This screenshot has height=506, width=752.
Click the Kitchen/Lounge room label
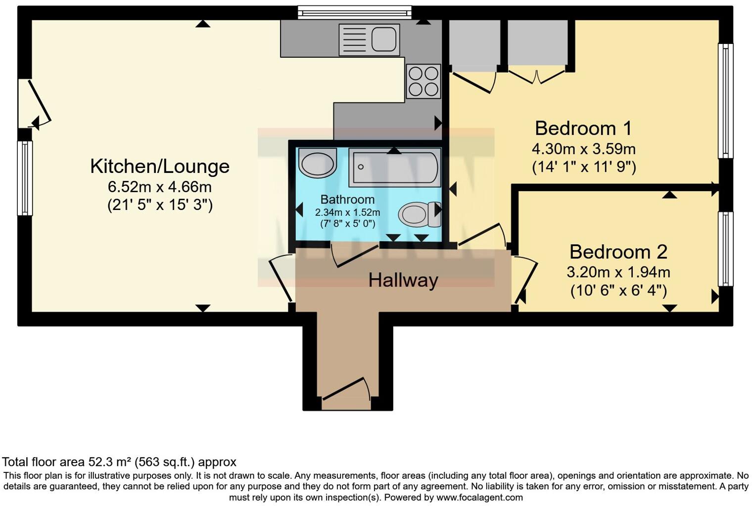click(160, 167)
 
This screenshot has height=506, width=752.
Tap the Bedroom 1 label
click(583, 128)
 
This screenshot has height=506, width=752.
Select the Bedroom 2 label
click(618, 252)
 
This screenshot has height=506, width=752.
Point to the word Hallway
click(403, 281)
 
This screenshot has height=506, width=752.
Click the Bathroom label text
click(347, 200)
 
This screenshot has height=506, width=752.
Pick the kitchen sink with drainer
click(369, 40)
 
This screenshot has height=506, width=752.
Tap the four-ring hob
click(423, 81)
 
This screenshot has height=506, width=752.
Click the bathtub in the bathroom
click(394, 168)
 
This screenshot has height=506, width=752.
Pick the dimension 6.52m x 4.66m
click(160, 187)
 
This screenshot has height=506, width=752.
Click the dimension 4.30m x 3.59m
click(583, 149)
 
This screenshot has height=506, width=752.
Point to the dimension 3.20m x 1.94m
click(618, 272)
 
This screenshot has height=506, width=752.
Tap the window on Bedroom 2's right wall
click(725, 249)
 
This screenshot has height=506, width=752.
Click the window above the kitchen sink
click(355, 12)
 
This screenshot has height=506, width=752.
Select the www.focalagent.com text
click(479, 498)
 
